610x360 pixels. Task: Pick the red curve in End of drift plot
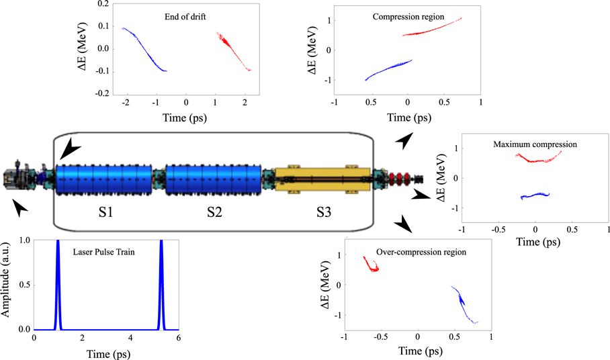pyautogui.click(x=233, y=50)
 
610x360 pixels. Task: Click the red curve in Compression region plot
pyautogui.click(x=433, y=28)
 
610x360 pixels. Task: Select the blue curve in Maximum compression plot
pyautogui.click(x=535, y=196)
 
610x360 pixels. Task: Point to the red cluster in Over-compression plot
pyautogui.click(x=370, y=264)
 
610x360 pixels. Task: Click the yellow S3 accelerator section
pyautogui.click(x=322, y=180)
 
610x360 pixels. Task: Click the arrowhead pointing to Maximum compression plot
pyautogui.click(x=421, y=195)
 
